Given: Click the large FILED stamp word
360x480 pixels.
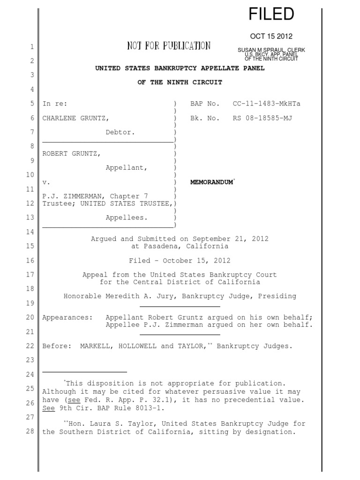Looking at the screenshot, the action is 271,14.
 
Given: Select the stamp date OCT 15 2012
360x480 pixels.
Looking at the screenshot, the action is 271,37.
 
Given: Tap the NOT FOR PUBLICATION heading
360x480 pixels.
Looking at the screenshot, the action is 169,46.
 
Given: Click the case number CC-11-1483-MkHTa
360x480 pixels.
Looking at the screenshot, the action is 266,104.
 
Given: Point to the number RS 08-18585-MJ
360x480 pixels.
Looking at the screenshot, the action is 262,118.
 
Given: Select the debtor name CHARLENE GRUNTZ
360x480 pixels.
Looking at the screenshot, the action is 77,118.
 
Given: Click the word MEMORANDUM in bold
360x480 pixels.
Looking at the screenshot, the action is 211,182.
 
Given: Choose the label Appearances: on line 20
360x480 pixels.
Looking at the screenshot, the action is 68,317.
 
